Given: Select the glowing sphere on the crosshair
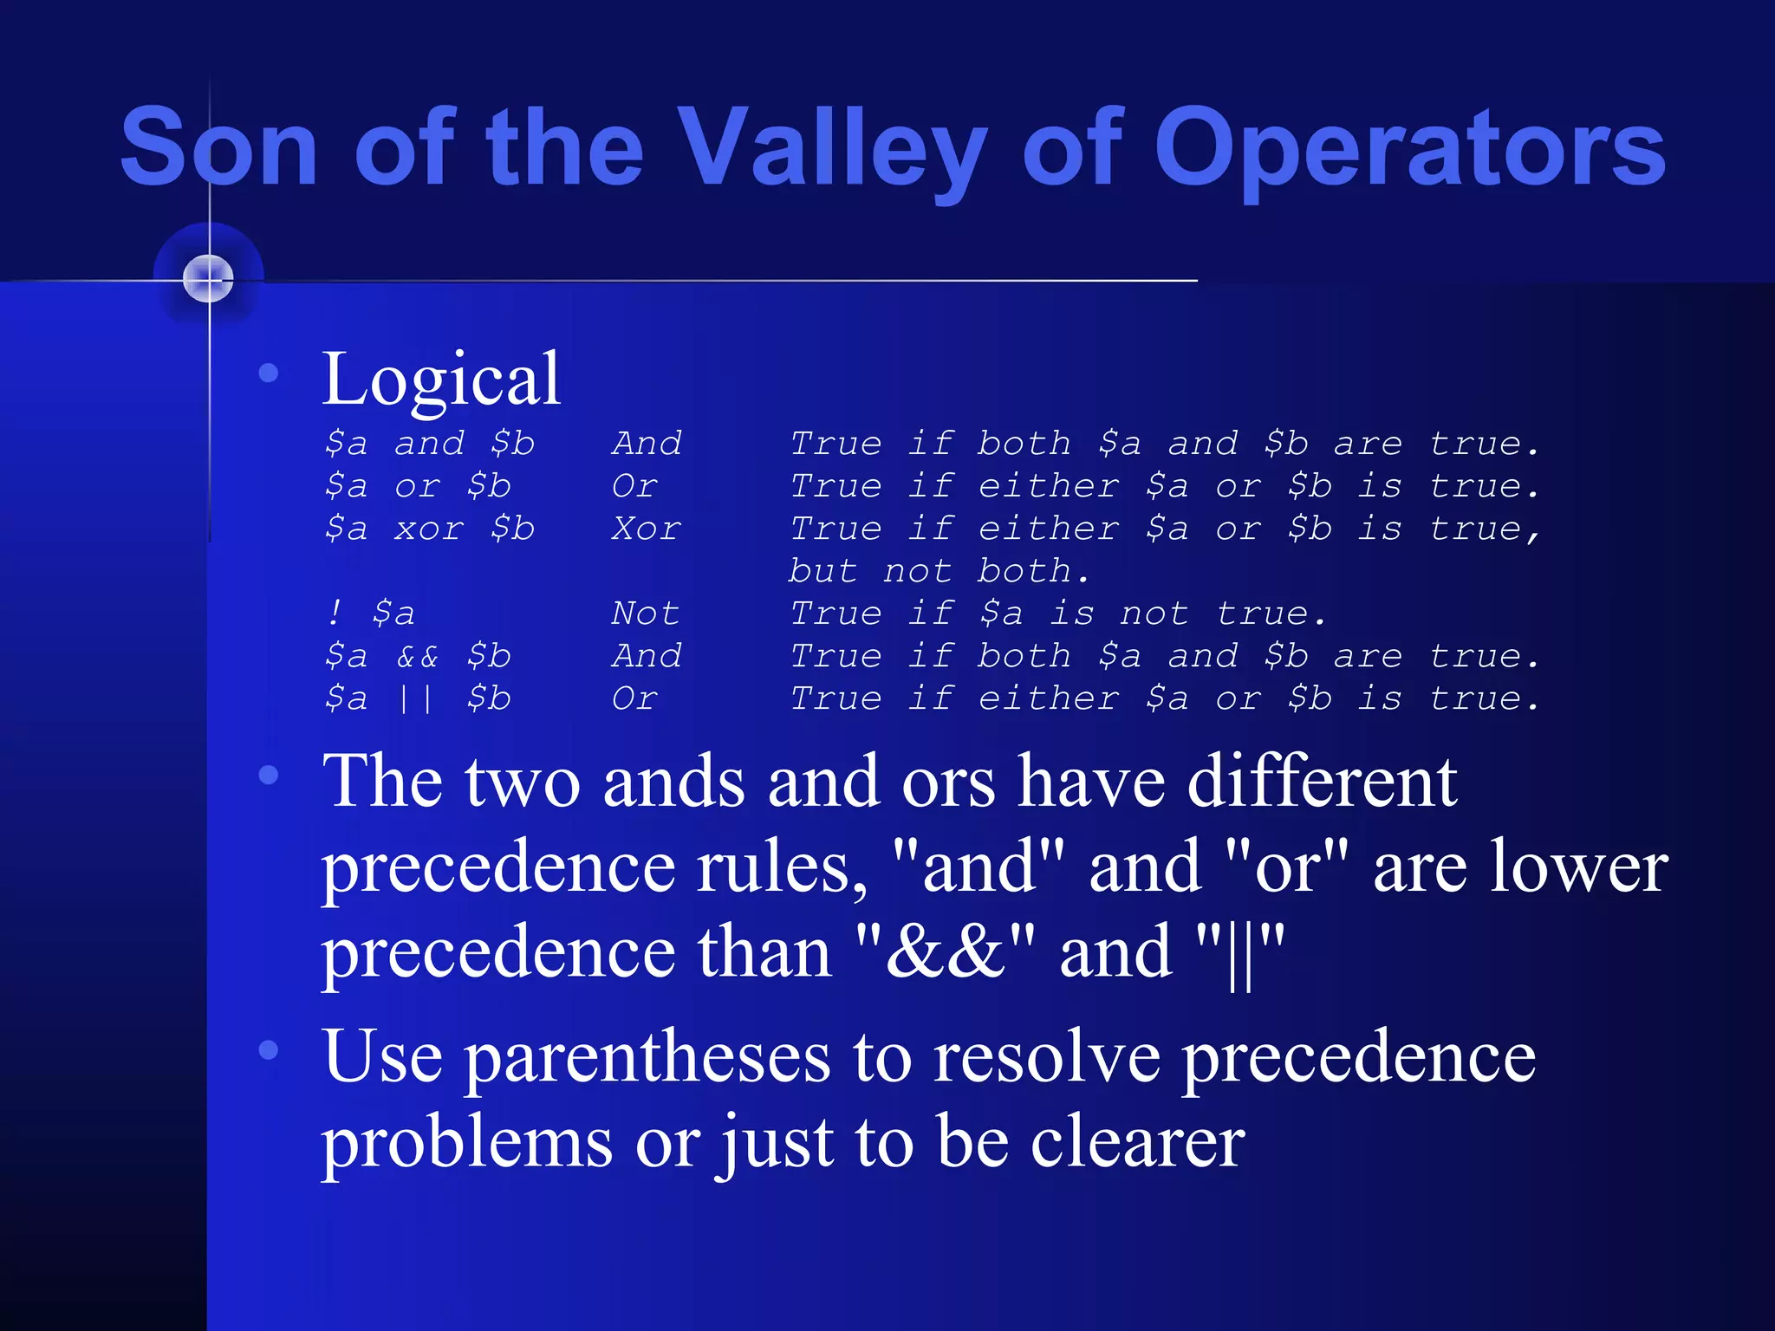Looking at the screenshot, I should (x=209, y=279).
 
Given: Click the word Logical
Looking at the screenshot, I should (x=441, y=379).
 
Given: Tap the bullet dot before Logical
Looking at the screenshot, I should (x=269, y=373).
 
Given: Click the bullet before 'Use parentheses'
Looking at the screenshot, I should (x=269, y=1050).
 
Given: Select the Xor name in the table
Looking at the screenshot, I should (x=647, y=529).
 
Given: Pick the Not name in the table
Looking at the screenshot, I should (x=645, y=614).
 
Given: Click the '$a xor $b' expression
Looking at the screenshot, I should (x=430, y=529).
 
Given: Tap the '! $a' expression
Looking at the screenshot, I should (x=371, y=614).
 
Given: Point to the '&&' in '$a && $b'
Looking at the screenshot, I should (x=418, y=656).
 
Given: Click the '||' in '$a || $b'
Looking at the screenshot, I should (x=417, y=698).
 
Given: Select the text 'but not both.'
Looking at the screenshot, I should (x=938, y=571).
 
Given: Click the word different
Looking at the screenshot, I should (x=1322, y=782).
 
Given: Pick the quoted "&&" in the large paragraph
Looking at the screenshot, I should (x=945, y=952).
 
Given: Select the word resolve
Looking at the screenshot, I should (x=1046, y=1059).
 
